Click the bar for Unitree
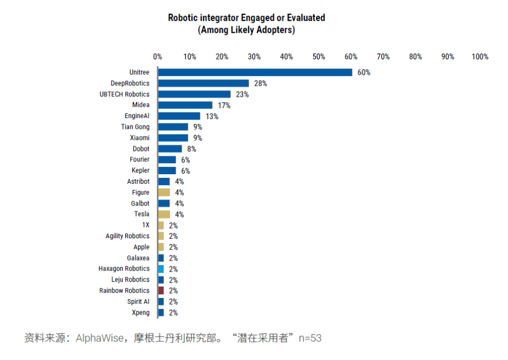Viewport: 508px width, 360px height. (255, 73)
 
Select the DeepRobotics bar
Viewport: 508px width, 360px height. (204, 83)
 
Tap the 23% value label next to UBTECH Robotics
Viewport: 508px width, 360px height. (242, 94)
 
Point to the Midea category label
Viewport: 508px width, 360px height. (141, 105)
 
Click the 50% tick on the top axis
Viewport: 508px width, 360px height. (319, 57)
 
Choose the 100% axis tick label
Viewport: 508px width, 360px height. (480, 57)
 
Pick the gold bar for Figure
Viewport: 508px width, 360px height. (164, 193)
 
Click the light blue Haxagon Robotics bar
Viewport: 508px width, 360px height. (161, 269)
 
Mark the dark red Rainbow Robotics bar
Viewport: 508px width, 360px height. (161, 291)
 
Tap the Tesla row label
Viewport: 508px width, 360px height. (142, 214)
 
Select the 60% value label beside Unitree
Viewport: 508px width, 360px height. (364, 73)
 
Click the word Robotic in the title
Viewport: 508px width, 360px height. (182, 18)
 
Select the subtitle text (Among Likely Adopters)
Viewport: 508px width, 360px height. (247, 30)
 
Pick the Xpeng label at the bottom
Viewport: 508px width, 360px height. (140, 312)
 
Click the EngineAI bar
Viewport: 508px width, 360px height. (179, 116)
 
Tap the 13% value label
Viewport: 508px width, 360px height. (212, 116)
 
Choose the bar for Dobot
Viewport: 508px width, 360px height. (170, 149)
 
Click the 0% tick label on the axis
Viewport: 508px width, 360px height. (158, 57)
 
